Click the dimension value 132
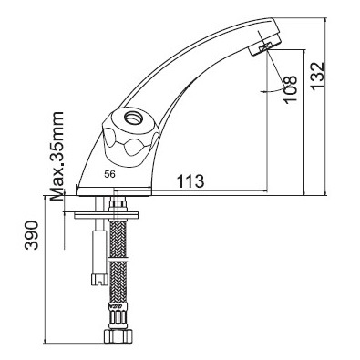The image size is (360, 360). pos(318,76)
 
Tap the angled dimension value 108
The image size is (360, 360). pos(291,89)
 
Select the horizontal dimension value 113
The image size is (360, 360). pos(190,181)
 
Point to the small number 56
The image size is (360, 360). pos(110,174)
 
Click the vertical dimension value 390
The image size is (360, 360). pos(32,235)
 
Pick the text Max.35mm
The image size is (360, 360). pos(57,156)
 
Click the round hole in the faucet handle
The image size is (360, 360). pos(133,118)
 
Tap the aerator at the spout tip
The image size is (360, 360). pos(265,46)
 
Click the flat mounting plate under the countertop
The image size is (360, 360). pos(106,215)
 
